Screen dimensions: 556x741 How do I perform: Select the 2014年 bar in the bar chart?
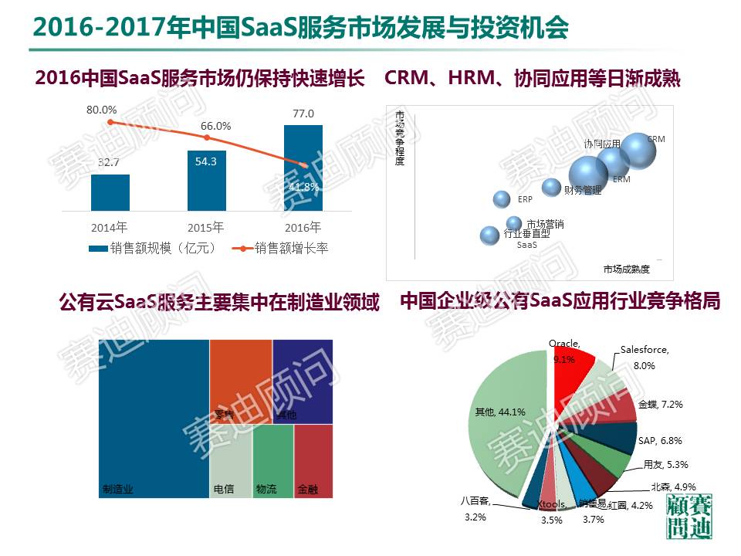click(x=110, y=192)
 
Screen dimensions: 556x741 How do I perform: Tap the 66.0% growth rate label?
click(x=216, y=126)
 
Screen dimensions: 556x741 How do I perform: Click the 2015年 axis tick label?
click(x=206, y=228)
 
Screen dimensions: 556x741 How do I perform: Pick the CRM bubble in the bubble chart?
click(x=638, y=151)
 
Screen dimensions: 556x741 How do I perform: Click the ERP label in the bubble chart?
click(x=525, y=199)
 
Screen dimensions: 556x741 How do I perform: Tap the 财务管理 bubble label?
click(x=582, y=190)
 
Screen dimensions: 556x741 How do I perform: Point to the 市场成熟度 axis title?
click(x=626, y=269)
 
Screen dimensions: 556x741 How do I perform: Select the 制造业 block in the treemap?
click(x=154, y=417)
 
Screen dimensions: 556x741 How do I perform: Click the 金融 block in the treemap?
click(x=313, y=461)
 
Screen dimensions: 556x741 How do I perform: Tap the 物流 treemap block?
click(x=272, y=461)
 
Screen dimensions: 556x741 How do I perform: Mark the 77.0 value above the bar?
click(x=303, y=114)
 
